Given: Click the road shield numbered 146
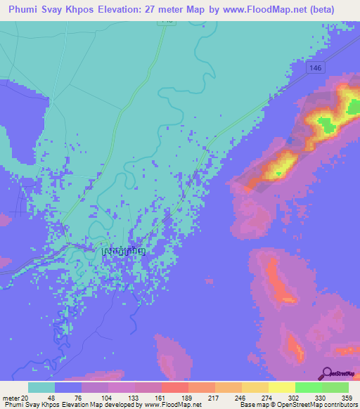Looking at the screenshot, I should [x=314, y=65].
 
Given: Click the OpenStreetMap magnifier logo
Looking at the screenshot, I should [x=328, y=374].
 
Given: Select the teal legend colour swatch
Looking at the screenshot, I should [x=41, y=387].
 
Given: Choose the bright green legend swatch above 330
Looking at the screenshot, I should [x=308, y=387].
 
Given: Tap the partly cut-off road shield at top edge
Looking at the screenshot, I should [x=167, y=22].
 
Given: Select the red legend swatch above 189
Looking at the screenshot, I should [x=174, y=387].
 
